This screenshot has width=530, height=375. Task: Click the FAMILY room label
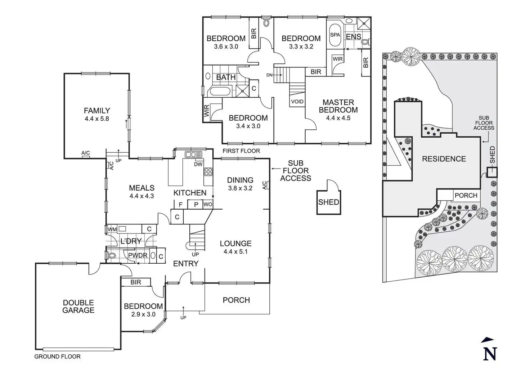click(x=97, y=111)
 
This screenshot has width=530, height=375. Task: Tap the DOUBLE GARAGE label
click(x=78, y=306)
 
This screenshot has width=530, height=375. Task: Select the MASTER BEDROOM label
click(x=338, y=106)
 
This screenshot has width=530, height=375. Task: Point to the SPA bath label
click(x=335, y=35)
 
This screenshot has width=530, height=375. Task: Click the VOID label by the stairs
click(x=297, y=102)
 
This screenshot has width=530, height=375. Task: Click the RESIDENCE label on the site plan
click(x=444, y=159)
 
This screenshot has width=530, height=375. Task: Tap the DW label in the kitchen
click(x=198, y=164)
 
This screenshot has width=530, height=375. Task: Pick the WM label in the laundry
click(x=112, y=229)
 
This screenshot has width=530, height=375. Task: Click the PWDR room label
click(x=138, y=255)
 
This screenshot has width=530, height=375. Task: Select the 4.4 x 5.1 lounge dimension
click(x=236, y=252)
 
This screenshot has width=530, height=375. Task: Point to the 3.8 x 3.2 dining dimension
click(x=240, y=188)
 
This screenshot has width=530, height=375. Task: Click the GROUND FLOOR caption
click(x=58, y=357)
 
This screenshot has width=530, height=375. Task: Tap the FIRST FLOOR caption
click(x=241, y=151)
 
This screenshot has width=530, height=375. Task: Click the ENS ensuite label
click(x=354, y=37)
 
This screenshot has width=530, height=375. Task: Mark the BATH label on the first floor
click(x=226, y=77)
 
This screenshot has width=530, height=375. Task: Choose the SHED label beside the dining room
click(x=328, y=202)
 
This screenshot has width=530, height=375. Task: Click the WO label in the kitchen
click(x=208, y=205)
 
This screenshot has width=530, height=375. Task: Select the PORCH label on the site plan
click(x=466, y=195)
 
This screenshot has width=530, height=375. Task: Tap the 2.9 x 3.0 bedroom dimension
click(x=144, y=314)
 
